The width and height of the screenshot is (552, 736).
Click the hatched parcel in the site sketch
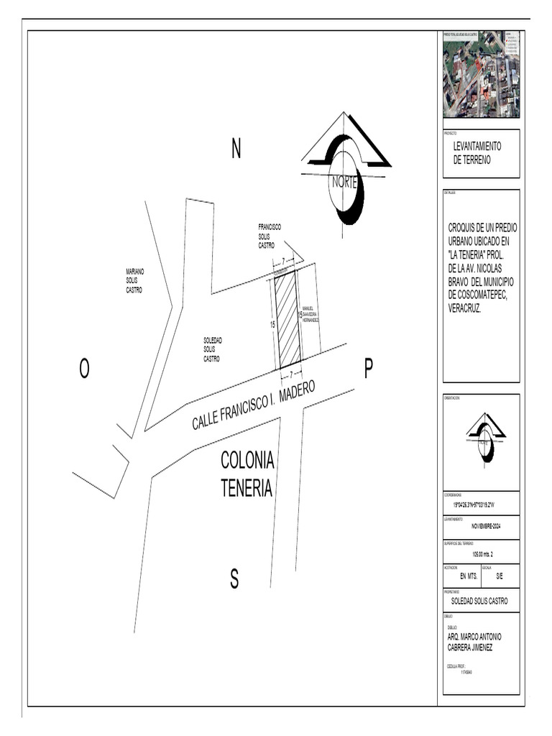pos(288,318)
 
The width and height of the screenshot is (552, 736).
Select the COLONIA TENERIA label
pos(247,474)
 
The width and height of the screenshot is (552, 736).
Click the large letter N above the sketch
pos(236,149)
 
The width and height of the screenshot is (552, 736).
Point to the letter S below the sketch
pos(234,579)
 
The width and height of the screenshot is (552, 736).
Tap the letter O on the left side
pos(84,369)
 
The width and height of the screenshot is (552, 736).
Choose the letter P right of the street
pos(368,369)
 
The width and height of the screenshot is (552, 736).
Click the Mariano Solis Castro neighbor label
pos(134,281)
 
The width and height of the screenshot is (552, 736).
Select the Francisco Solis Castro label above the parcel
pos(270,236)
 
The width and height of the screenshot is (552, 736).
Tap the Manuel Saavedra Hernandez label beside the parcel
pos(310,314)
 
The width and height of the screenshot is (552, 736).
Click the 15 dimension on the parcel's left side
pos(272,325)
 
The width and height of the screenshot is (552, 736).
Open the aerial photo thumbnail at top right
pos(481,74)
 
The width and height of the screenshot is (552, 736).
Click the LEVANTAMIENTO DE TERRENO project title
pos(477,153)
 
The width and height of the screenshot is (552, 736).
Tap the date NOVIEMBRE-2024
pos(481,527)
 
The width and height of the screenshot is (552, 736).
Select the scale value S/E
pos(500,576)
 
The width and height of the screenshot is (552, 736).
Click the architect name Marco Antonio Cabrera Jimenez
pos(474,642)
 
